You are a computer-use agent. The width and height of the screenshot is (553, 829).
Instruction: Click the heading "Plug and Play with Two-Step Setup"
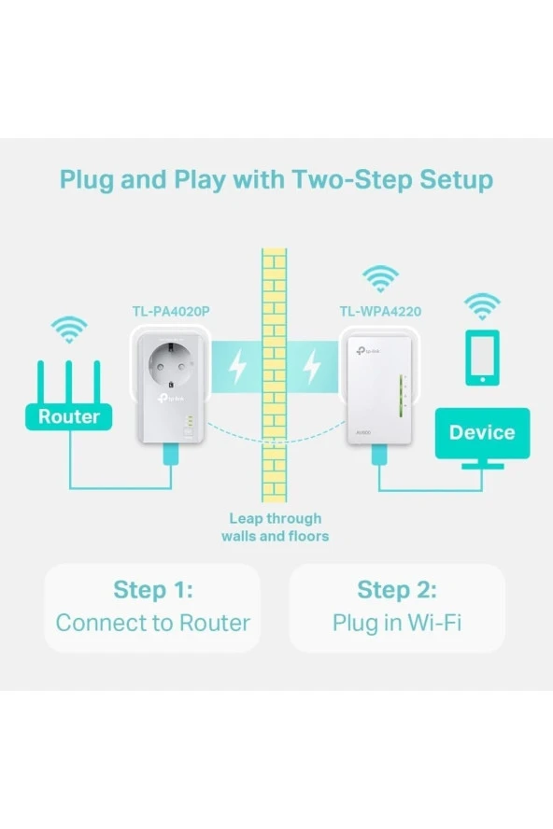tap(276, 179)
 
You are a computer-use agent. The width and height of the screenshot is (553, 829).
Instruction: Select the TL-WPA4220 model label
tap(381, 309)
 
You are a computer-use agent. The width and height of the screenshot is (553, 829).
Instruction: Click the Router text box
tap(68, 416)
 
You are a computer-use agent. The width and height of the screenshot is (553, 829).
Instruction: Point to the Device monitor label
tap(482, 432)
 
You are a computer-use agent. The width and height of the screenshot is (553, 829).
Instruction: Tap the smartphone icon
tap(482, 357)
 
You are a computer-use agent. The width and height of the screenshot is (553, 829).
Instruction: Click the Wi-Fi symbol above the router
tap(69, 329)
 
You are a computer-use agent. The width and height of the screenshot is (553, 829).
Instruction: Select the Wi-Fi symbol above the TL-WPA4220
tap(380, 278)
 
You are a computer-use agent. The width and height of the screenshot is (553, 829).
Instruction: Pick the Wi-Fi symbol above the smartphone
tap(482, 305)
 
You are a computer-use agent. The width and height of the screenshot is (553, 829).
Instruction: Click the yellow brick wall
tap(274, 373)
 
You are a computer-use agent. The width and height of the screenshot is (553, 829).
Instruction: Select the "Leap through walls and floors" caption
tap(275, 527)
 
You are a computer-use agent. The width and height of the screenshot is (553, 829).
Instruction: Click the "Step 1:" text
tap(152, 590)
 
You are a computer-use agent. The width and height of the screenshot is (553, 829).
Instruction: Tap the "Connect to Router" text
tap(152, 623)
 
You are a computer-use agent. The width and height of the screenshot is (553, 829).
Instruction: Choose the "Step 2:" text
tap(397, 590)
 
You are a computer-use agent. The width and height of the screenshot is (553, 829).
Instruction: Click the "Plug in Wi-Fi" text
tap(397, 623)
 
